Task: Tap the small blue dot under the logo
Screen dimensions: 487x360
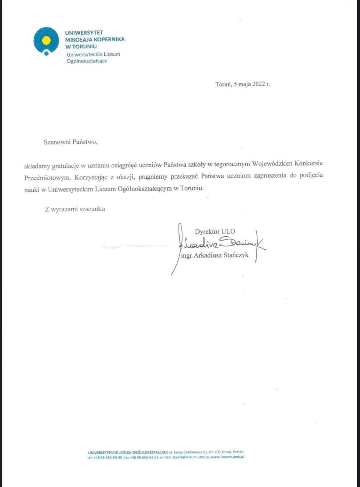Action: click(46, 53)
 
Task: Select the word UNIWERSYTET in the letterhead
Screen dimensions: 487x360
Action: click(84, 33)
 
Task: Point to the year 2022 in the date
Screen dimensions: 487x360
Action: click(259, 85)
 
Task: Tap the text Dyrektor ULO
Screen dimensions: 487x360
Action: click(215, 231)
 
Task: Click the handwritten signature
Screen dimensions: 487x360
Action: click(221, 245)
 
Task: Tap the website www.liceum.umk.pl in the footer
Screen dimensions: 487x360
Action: click(228, 457)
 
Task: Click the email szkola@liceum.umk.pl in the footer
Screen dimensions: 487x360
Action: click(190, 457)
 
